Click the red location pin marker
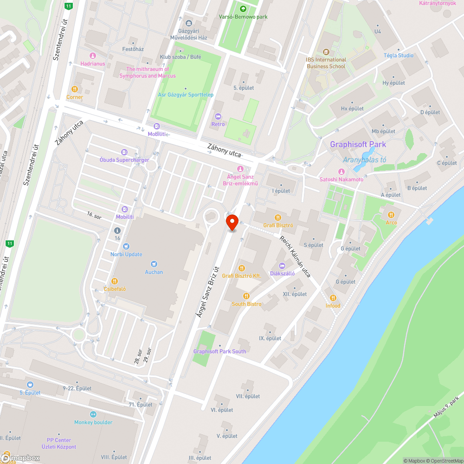pyautogui.click(x=232, y=222)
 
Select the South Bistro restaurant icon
pyautogui.click(x=246, y=296)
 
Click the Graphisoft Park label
pyautogui.click(x=358, y=144)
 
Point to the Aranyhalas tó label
pyautogui.click(x=364, y=160)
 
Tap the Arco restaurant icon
pyautogui.click(x=391, y=214)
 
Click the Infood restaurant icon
pyautogui.click(x=333, y=297)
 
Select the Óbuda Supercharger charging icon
pyautogui.click(x=124, y=152)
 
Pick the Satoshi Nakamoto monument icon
pyautogui.click(x=341, y=171)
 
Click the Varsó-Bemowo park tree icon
pyautogui.click(x=243, y=8)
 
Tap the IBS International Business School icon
pyautogui.click(x=326, y=52)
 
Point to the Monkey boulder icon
pyautogui.click(x=93, y=414)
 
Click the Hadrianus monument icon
pyautogui.click(x=92, y=55)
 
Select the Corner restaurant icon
pyautogui.click(x=74, y=89)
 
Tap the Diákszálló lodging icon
pyautogui.click(x=282, y=265)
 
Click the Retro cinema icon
pyautogui.click(x=218, y=116)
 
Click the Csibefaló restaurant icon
pyautogui.click(x=115, y=281)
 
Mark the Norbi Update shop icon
pyautogui.click(x=126, y=246)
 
